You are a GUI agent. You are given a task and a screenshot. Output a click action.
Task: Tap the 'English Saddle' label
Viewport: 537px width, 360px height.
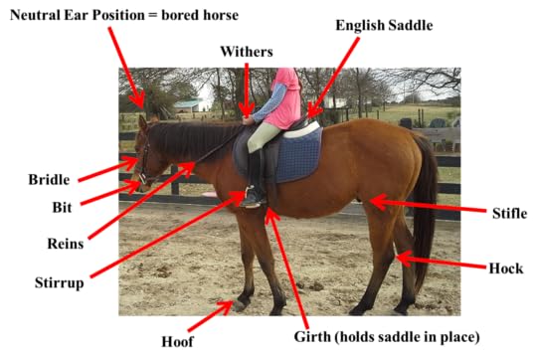point(384,25)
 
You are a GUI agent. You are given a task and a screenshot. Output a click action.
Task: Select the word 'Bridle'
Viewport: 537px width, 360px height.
point(49,180)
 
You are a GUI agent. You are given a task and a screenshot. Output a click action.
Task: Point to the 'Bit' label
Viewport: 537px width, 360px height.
point(62,208)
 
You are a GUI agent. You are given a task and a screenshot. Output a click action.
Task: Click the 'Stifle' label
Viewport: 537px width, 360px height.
point(509,212)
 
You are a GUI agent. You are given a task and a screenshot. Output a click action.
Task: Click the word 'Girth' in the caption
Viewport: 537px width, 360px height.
point(317,337)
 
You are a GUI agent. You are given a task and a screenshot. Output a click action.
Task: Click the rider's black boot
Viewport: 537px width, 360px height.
point(257,184)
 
